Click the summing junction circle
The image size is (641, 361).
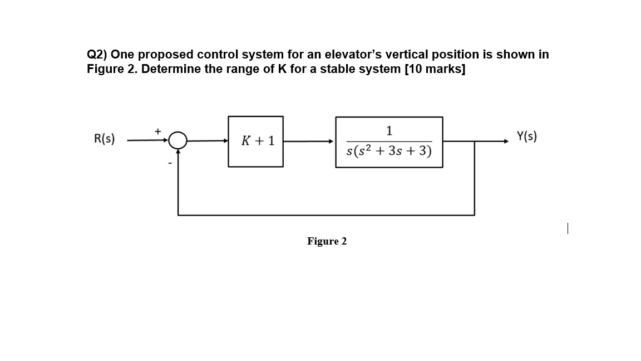[178, 142]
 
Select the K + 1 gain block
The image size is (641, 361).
[255, 141]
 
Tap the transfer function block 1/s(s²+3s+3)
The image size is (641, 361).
[389, 142]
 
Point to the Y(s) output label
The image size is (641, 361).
[527, 136]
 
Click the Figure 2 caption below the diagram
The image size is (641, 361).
[327, 241]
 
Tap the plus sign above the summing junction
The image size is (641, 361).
[157, 131]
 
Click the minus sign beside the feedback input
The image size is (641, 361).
[171, 163]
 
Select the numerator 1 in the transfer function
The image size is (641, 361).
[389, 131]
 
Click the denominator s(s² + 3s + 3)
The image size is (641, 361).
[389, 151]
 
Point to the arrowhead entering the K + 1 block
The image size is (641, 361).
[225, 142]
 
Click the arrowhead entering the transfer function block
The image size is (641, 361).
[332, 142]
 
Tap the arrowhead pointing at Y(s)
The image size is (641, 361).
[506, 142]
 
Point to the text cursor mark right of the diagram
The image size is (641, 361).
[567, 228]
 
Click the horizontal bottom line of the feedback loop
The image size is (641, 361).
[326, 214]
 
